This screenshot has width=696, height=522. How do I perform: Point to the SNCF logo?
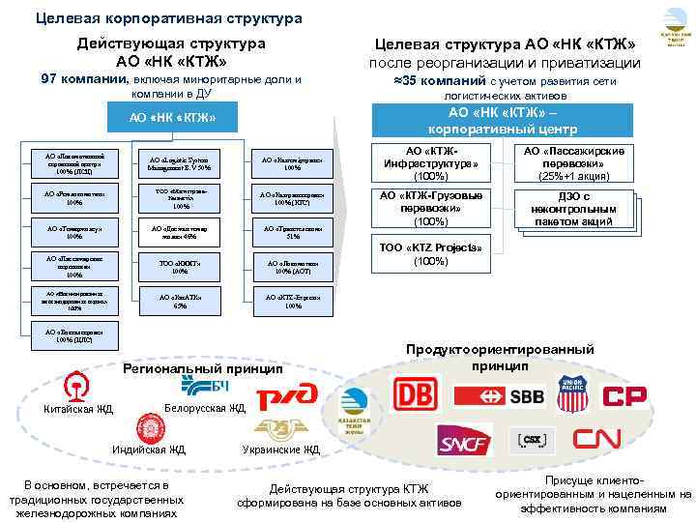465,442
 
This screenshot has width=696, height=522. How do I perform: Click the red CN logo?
596,440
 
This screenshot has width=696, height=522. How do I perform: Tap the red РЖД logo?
286,395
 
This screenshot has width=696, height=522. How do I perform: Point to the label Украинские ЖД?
280,449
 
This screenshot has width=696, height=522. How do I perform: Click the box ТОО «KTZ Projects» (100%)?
430,254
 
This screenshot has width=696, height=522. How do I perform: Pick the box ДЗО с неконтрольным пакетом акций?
574,211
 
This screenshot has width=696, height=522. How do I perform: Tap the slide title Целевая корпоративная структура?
168,18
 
